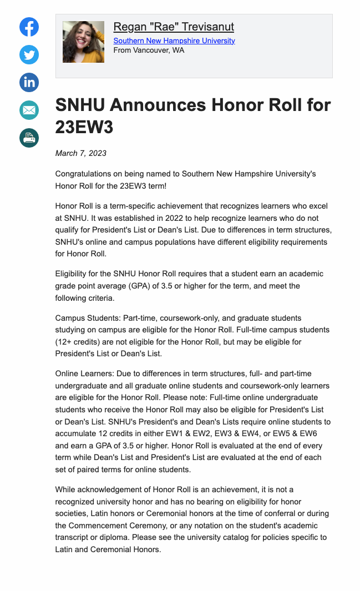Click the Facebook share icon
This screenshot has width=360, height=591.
click(x=29, y=27)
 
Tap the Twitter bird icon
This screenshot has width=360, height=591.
click(x=29, y=54)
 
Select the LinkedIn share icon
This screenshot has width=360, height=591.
click(x=29, y=82)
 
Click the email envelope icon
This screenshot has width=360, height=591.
click(x=29, y=110)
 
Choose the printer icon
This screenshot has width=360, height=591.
click(x=29, y=138)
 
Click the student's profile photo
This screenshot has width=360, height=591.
click(x=83, y=42)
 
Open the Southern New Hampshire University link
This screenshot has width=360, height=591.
click(x=174, y=41)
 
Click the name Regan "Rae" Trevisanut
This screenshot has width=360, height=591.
click(x=174, y=27)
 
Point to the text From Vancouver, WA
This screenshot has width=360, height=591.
click(x=149, y=50)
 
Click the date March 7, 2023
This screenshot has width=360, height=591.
click(x=81, y=153)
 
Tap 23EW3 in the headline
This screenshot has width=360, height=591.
click(x=84, y=127)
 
